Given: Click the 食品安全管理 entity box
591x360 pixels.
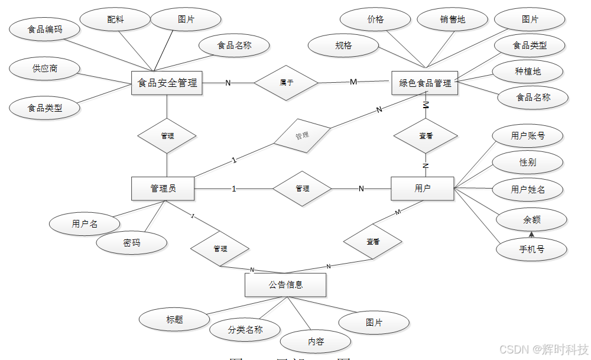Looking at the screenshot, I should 167,83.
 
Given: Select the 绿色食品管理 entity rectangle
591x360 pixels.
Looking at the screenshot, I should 425,83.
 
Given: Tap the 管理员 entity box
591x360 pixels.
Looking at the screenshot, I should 163,189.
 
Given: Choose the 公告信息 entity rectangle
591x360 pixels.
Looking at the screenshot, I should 285,284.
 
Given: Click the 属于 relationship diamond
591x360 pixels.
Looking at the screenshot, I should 286,83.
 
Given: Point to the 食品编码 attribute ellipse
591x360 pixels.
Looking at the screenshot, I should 45,28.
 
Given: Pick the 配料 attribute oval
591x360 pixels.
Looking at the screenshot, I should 116,20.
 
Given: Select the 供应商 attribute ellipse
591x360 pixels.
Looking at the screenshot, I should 45,69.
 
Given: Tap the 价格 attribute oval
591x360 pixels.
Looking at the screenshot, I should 376,20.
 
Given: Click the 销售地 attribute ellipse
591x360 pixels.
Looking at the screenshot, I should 452,20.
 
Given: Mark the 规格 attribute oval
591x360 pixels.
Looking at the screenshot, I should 343,45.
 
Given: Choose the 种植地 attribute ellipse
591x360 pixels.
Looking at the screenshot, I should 528,72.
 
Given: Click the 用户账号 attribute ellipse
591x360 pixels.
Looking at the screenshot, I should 528,136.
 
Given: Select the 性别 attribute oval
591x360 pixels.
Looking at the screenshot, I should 528,162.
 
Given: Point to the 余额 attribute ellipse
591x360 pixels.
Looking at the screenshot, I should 531,220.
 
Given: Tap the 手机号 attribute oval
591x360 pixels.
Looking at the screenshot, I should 531,249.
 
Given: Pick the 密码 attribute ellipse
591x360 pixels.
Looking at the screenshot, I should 132,242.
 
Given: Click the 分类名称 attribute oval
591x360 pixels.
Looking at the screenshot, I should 245,329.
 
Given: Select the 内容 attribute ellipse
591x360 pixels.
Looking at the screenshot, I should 316,341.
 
